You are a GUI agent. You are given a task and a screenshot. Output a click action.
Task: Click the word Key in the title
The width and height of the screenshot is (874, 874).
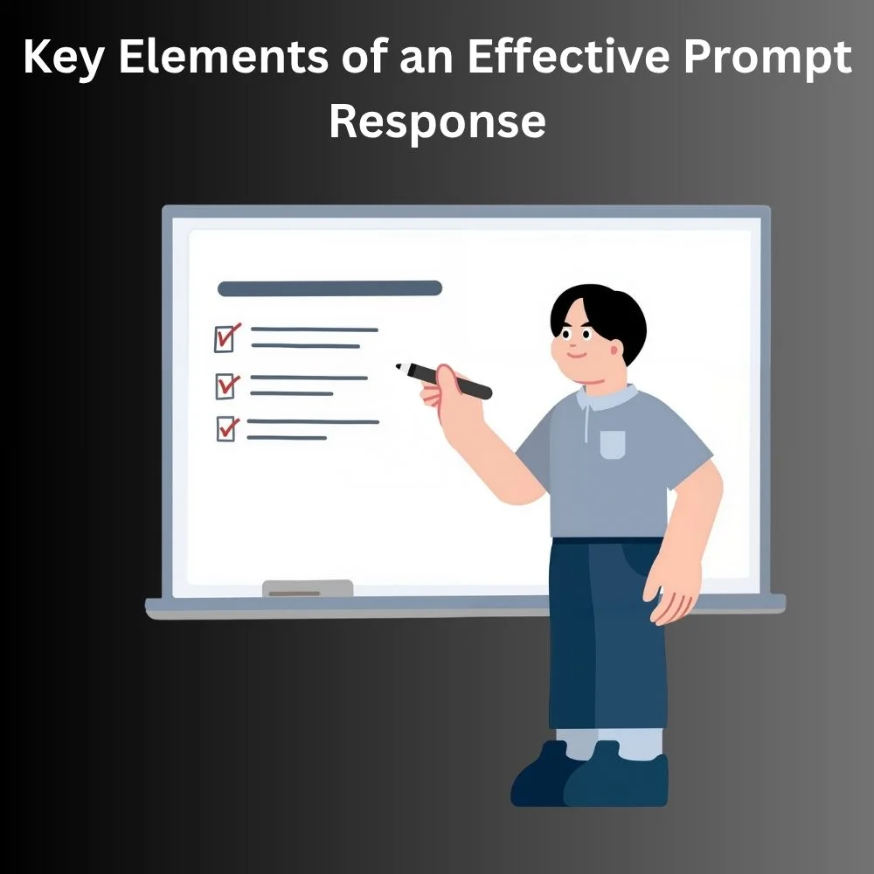point(62,59)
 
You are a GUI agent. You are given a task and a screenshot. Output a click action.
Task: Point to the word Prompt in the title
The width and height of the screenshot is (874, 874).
point(767,60)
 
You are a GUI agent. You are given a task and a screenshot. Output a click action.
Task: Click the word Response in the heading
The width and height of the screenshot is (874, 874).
point(437,121)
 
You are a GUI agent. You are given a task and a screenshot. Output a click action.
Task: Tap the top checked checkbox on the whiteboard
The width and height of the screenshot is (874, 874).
point(227,337)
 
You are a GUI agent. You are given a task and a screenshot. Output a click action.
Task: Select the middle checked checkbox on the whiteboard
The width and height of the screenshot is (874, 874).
point(227,385)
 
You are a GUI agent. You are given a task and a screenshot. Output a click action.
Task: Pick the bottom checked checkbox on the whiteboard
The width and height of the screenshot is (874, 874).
point(227,429)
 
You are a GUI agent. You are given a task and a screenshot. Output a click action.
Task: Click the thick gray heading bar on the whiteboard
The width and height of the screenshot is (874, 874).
point(329,288)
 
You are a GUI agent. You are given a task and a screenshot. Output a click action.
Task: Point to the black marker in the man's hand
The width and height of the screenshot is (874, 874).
point(444,381)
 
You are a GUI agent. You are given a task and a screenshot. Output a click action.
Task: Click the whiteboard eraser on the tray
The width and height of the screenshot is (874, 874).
point(308,588)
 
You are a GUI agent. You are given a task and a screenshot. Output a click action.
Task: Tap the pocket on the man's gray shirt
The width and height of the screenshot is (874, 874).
point(612,444)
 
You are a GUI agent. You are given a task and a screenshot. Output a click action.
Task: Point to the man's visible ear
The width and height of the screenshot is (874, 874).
point(616,349)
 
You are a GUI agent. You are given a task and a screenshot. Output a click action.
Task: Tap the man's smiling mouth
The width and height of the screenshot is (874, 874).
point(577,355)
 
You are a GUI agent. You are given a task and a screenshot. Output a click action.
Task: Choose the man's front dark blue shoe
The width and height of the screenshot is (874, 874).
point(616,776)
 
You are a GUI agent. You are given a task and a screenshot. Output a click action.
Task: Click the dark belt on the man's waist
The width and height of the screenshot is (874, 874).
point(607,541)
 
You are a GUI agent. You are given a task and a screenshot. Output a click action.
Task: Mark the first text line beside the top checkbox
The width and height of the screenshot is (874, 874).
point(315,329)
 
